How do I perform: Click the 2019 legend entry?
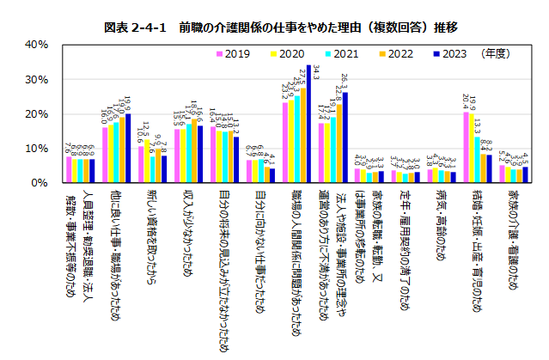coord(232,53)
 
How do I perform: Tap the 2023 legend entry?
coord(453,53)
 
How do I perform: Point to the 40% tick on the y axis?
coord(35,44)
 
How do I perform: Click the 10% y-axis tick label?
coord(35,149)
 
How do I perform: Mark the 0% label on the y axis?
coord(39,183)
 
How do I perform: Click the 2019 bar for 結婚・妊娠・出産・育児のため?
coord(467,147)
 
